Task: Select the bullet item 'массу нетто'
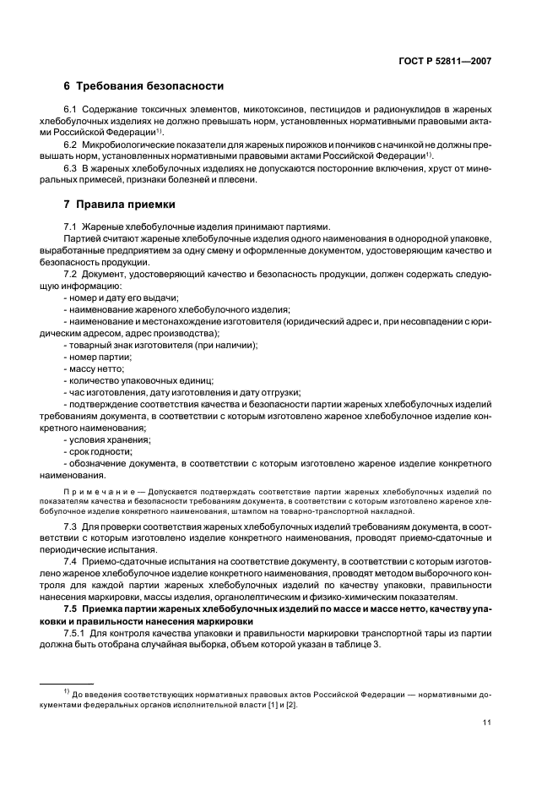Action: pos(95,368)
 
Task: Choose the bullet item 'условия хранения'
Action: pos(106,439)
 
